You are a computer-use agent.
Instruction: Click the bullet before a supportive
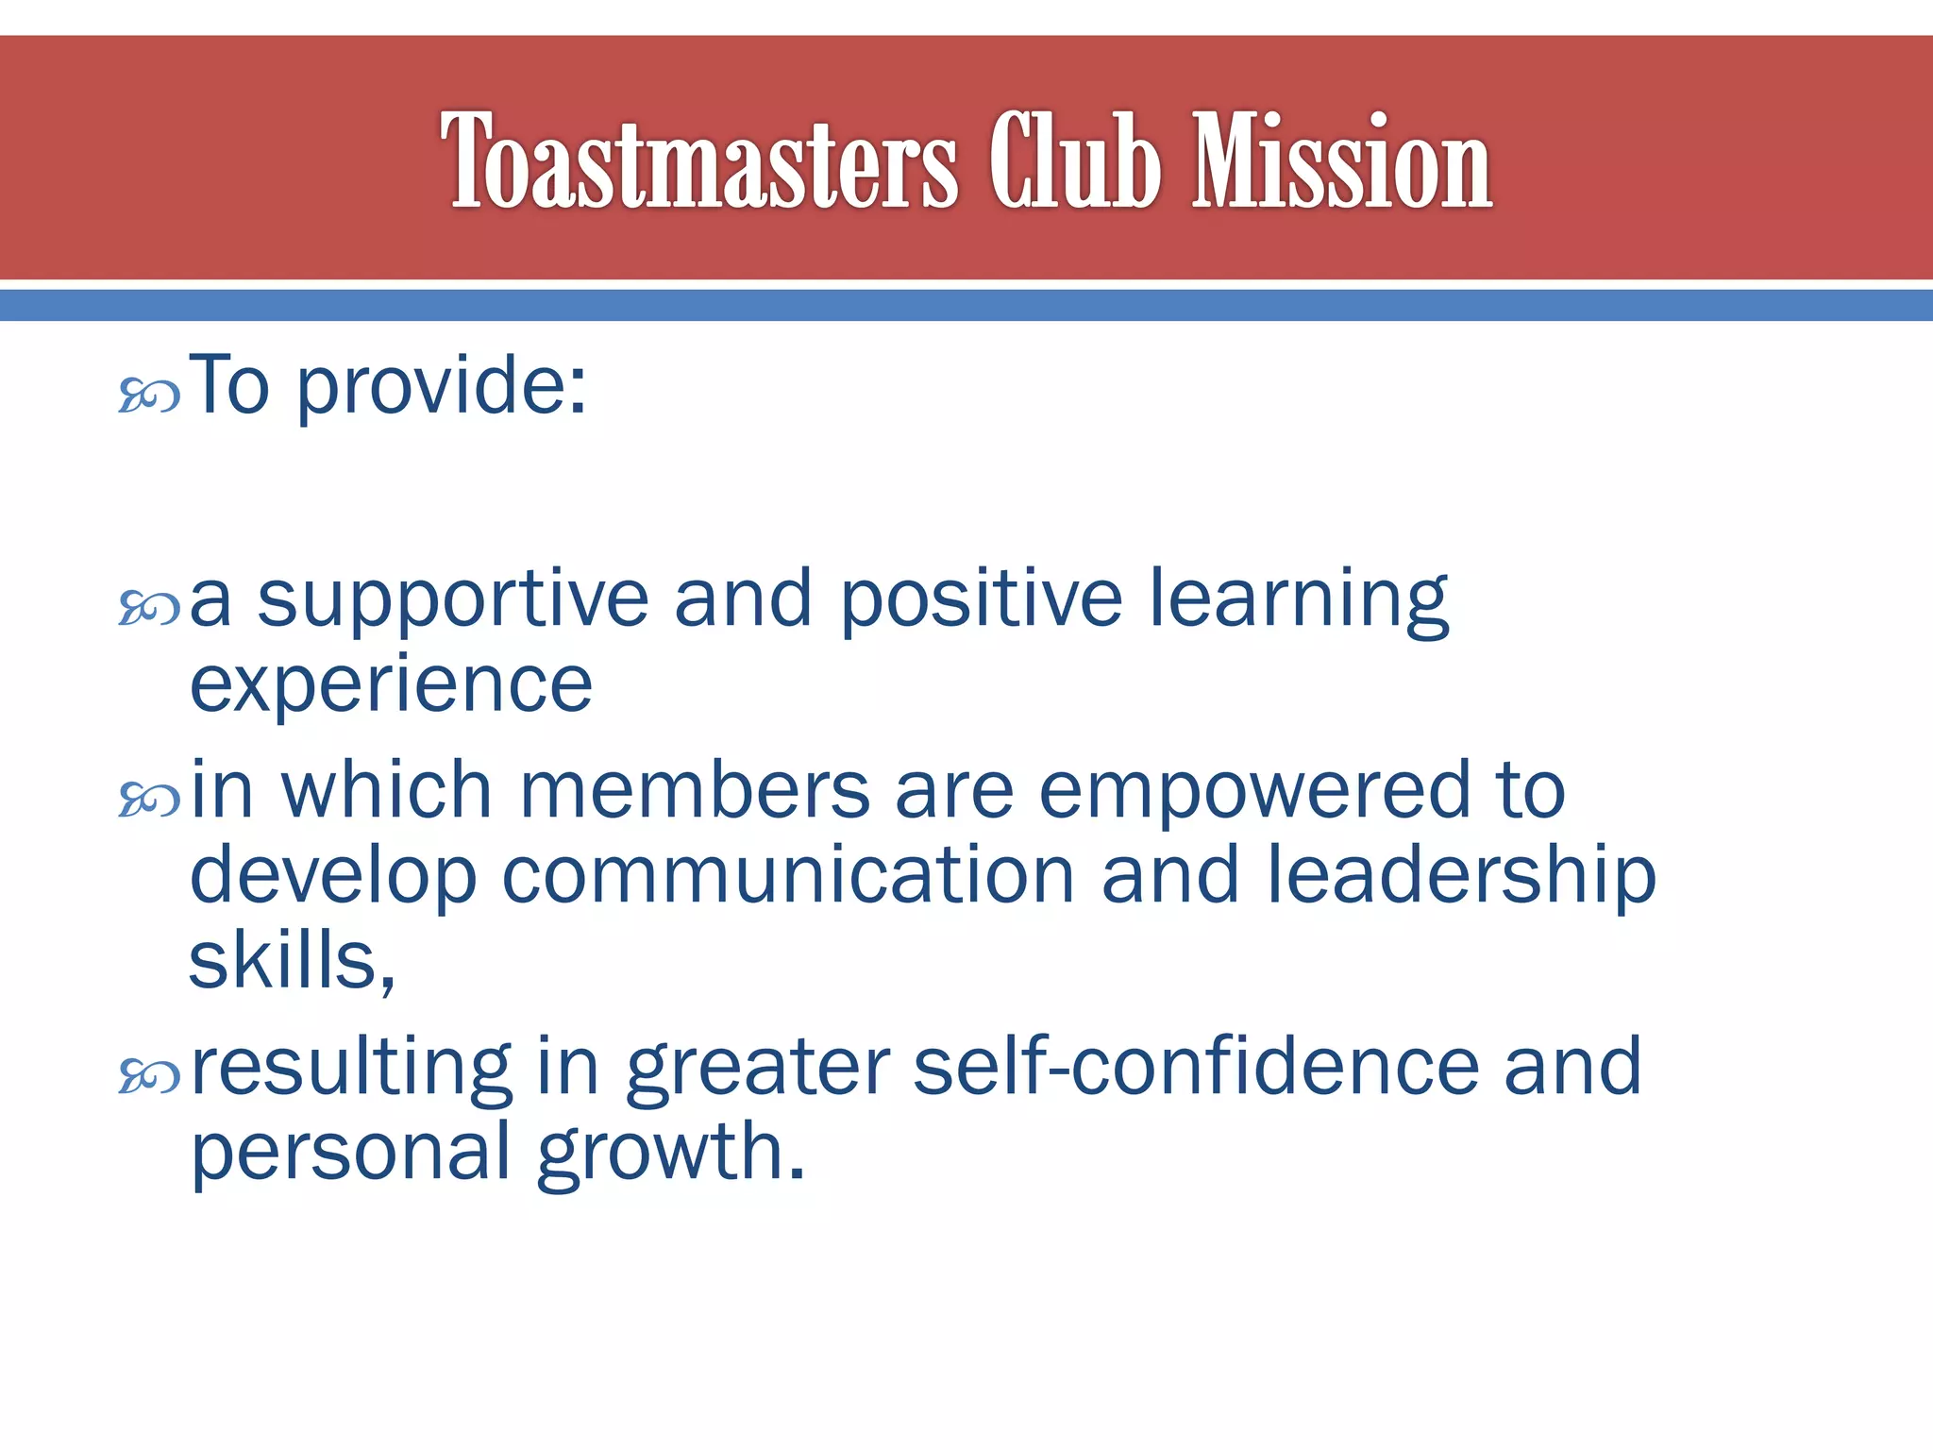tap(149, 609)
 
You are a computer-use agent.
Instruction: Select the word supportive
tap(453, 601)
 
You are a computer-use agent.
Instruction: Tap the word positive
tap(981, 601)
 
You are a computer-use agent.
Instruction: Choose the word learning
tap(1299, 601)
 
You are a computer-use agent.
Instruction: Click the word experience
tap(391, 684)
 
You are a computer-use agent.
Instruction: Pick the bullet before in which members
tap(149, 801)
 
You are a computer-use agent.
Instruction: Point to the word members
tap(695, 791)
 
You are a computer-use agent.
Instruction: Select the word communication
tap(788, 876)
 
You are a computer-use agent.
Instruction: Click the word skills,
tap(292, 960)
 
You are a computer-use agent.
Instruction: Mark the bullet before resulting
tap(149, 1075)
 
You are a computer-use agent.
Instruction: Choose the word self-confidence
tap(1196, 1067)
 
